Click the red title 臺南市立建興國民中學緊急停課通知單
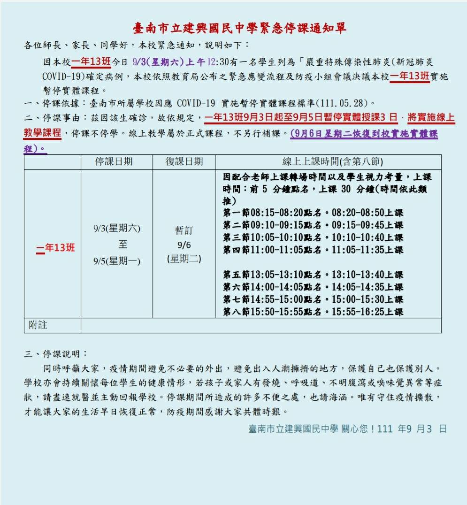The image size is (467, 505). [239, 29]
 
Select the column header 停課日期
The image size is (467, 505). [114, 161]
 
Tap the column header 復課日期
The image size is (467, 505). [184, 161]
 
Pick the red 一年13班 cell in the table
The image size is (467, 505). [55, 248]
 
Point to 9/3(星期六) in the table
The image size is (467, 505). [116, 229]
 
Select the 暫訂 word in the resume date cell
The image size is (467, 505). [184, 230]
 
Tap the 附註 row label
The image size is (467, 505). [38, 325]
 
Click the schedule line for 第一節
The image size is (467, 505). [313, 213]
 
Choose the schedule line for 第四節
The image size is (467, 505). [313, 250]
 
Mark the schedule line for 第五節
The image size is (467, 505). [313, 275]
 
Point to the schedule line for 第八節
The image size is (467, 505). [313, 312]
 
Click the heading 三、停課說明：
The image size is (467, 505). [56, 354]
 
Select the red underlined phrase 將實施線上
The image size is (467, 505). [431, 118]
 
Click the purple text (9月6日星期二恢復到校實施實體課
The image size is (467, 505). [364, 134]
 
